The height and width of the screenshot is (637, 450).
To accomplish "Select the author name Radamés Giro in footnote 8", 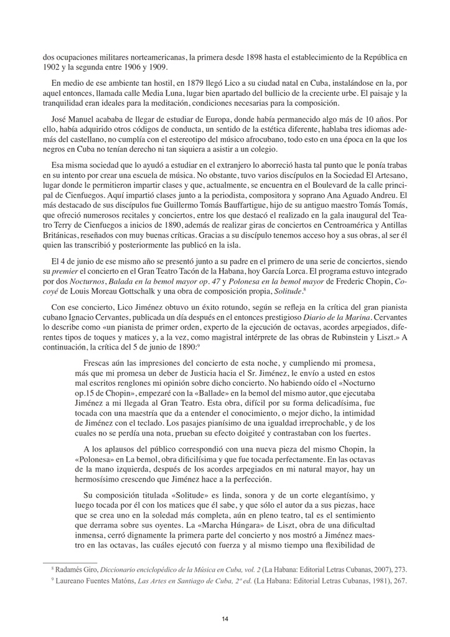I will [x=76, y=569].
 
